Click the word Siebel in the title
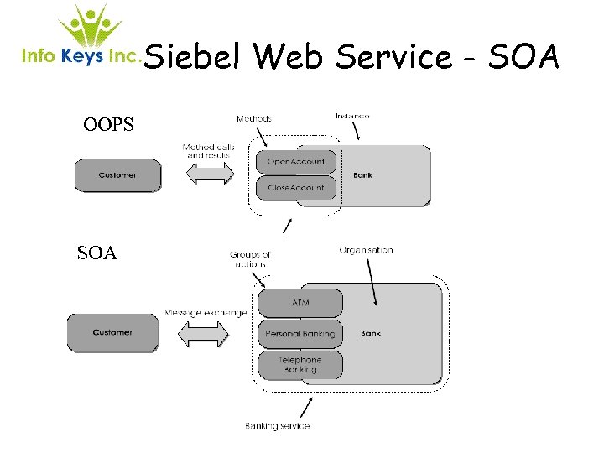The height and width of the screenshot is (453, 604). click(195, 57)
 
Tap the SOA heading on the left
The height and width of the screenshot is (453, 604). click(96, 253)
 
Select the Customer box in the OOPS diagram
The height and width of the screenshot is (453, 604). click(117, 175)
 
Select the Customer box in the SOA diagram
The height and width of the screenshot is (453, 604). click(112, 332)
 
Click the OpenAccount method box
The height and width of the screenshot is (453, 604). click(295, 161)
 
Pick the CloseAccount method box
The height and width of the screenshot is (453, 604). click(295, 188)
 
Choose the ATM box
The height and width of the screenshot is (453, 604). click(299, 303)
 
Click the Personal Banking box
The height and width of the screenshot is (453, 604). click(299, 334)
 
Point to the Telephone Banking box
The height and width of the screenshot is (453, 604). click(299, 364)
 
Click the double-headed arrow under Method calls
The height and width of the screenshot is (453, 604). click(209, 175)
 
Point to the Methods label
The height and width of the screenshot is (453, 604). click(253, 119)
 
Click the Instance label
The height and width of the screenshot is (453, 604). click(352, 116)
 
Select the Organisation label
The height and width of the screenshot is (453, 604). click(366, 250)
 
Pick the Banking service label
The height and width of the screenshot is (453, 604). click(278, 426)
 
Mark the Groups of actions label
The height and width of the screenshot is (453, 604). click(250, 259)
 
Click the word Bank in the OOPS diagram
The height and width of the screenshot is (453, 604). click(362, 175)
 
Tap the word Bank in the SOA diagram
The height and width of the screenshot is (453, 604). click(370, 333)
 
